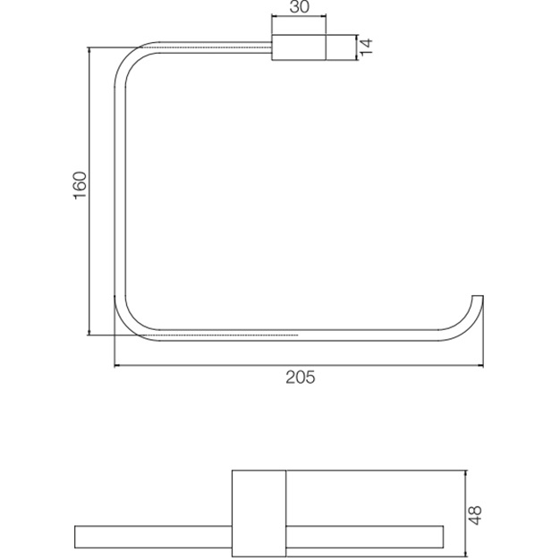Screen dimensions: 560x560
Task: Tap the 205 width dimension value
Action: pyautogui.click(x=300, y=378)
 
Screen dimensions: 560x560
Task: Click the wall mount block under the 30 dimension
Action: pyautogui.click(x=298, y=47)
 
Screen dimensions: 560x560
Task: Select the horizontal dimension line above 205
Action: pyautogui.click(x=300, y=365)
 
